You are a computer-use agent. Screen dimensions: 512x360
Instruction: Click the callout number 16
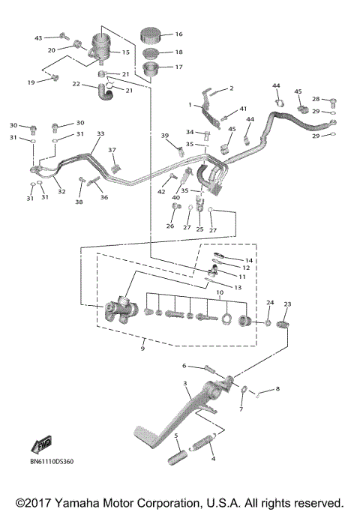[178, 34]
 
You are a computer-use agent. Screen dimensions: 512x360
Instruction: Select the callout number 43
[39, 37]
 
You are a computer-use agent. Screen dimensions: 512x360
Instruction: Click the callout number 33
[100, 134]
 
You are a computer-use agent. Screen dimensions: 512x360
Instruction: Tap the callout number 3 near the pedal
[185, 384]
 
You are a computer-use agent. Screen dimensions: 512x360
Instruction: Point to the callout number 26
[169, 226]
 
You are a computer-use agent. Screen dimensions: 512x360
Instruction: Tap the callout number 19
[31, 82]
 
